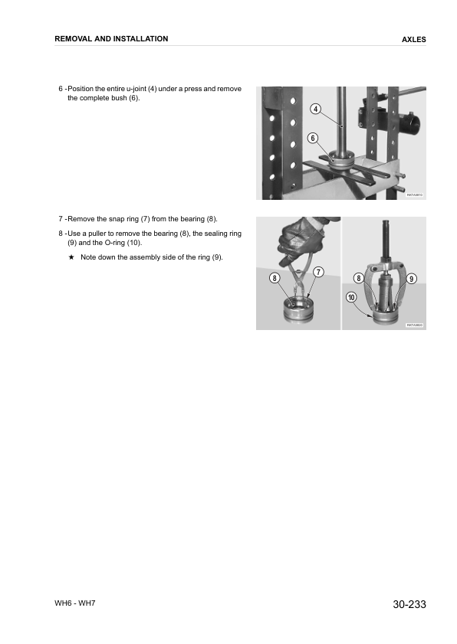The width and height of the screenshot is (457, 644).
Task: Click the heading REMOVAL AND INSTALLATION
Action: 112,39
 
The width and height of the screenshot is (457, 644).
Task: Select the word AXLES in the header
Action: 413,40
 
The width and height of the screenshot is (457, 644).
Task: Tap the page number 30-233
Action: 409,605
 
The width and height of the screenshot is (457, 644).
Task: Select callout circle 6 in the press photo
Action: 312,138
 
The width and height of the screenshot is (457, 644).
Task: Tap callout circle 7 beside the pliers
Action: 317,272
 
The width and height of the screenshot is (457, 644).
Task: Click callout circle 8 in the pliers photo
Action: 275,278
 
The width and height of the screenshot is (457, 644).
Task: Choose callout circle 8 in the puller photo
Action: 359,278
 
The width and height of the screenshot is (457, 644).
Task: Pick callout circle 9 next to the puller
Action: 412,278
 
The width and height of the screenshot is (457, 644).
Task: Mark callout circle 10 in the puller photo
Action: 351,296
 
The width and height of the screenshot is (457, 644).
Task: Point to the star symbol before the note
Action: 71,257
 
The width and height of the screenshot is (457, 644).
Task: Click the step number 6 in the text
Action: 61,89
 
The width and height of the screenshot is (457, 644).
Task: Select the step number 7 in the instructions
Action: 61,220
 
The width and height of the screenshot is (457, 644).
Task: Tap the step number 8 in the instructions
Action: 61,233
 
